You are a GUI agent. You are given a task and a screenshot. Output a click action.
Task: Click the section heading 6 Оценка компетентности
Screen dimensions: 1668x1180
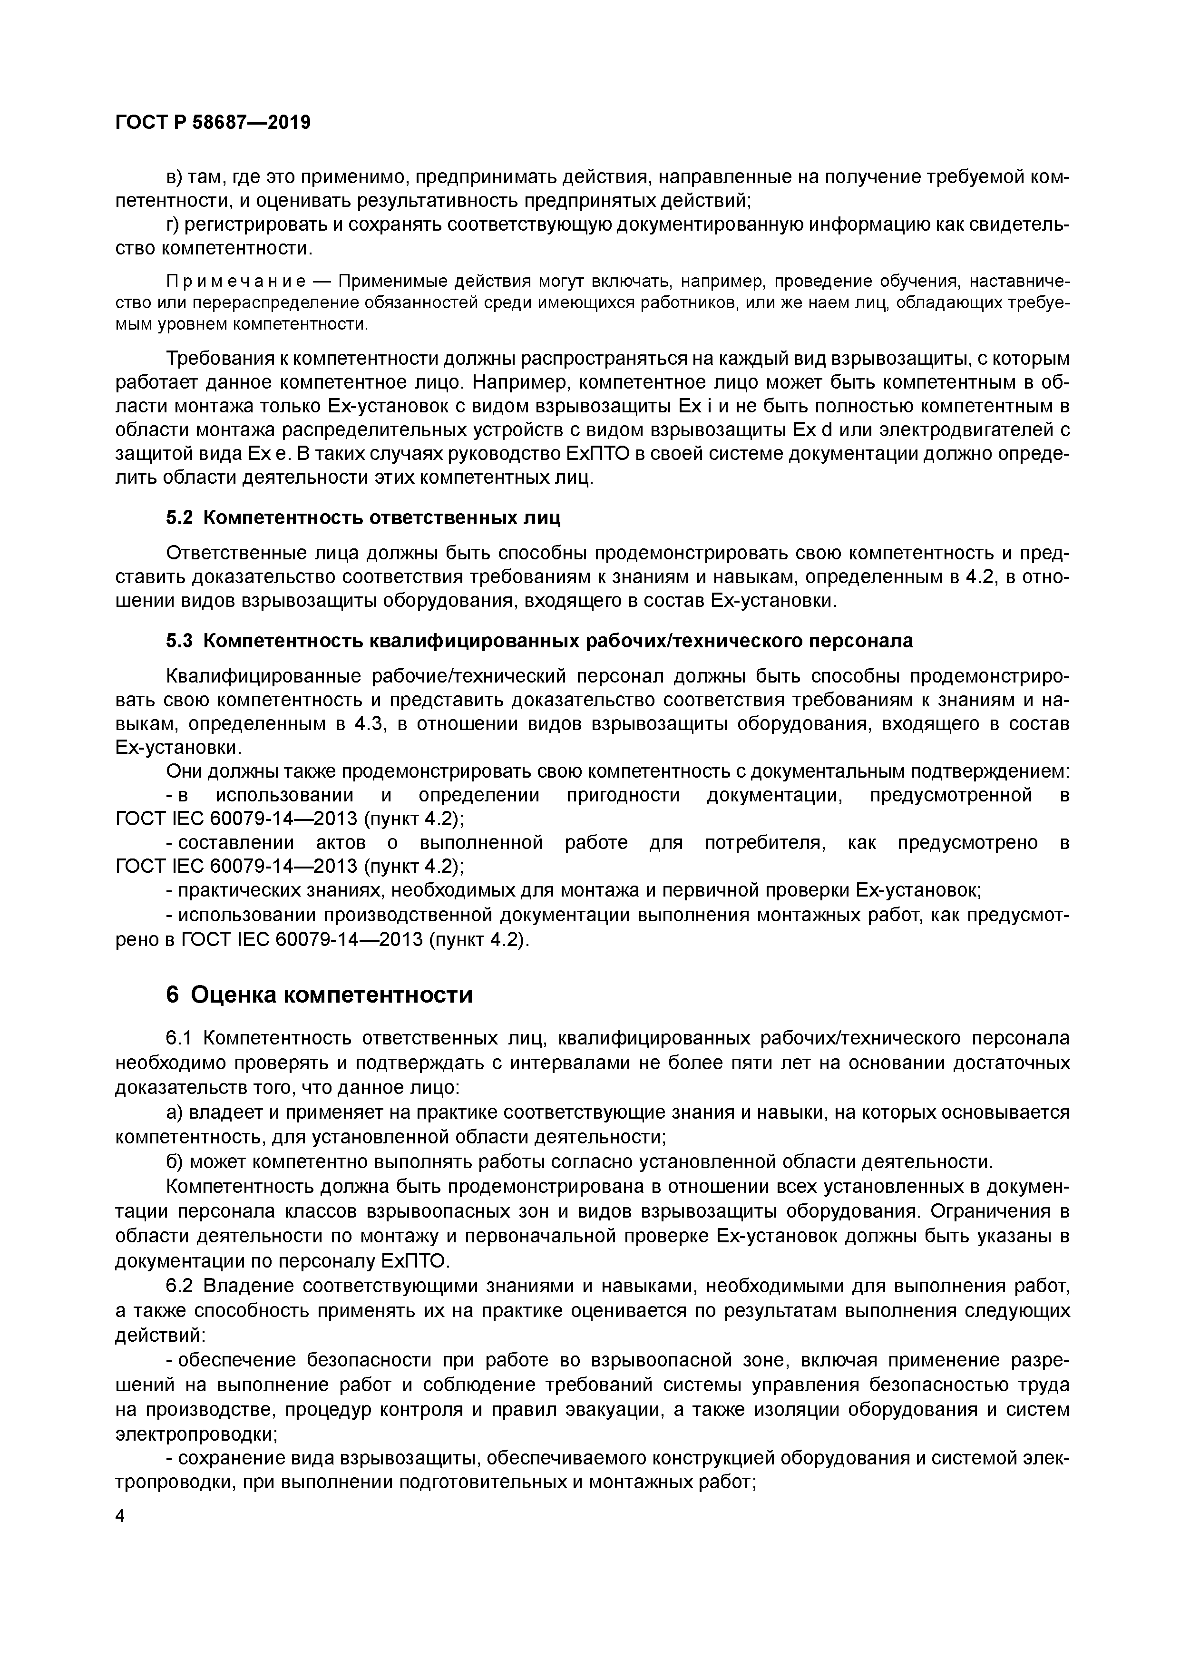pos(319,995)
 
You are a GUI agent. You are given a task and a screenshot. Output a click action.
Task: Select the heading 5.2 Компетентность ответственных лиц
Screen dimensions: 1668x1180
pos(363,518)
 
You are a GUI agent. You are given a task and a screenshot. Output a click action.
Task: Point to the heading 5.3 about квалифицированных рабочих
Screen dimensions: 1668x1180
pos(539,641)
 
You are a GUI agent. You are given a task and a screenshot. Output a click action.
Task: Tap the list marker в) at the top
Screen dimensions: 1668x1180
pos(175,177)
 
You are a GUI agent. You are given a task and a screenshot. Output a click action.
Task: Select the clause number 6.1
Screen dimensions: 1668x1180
pos(181,1039)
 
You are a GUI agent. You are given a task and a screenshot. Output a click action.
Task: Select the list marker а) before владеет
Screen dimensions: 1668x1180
pos(175,1113)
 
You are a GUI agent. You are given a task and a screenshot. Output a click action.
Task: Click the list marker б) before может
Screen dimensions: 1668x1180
pos(175,1161)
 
